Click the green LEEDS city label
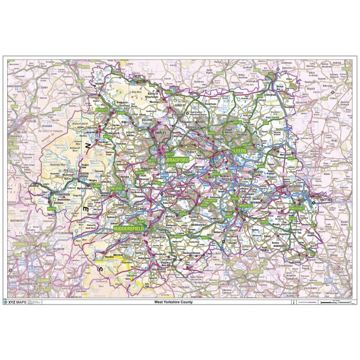[x=240, y=151]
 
